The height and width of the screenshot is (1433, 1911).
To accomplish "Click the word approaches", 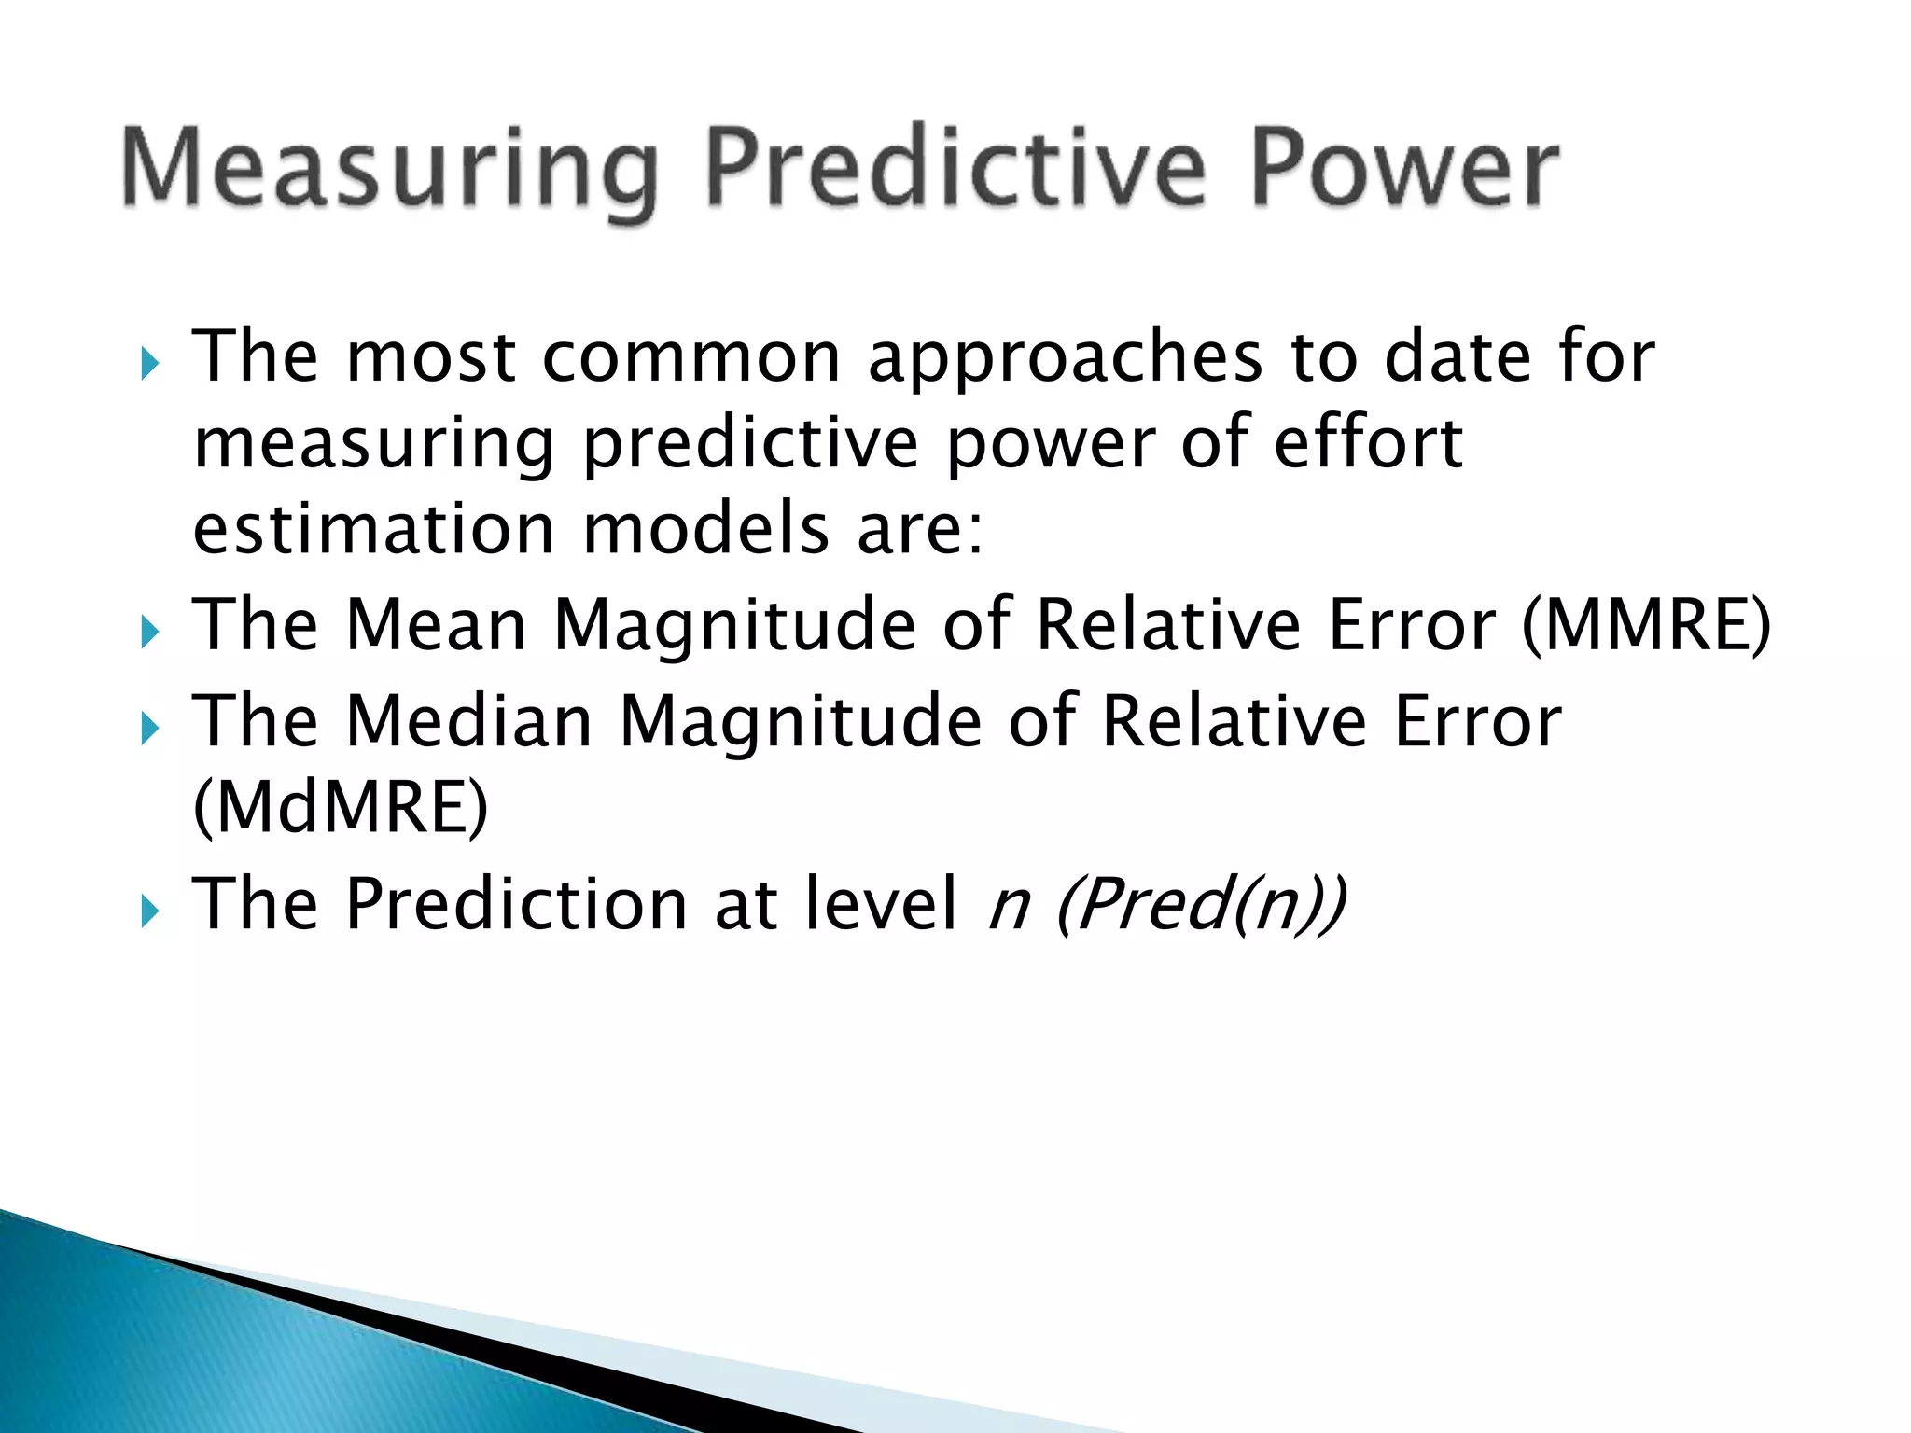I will (x=1065, y=359).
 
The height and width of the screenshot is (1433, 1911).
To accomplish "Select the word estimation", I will (x=374, y=529).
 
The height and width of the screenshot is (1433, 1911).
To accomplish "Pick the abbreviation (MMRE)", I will (x=1646, y=625).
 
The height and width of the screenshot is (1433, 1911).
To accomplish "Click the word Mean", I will (x=436, y=625).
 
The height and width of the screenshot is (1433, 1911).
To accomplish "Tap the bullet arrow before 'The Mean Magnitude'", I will (x=150, y=633).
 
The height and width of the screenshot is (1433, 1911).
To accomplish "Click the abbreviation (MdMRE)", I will (x=340, y=807).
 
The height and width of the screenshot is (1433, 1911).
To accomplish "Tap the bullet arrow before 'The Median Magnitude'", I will (x=150, y=729).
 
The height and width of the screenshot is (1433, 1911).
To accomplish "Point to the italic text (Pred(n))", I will (x=1201, y=904).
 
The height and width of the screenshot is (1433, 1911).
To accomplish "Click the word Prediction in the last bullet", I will (x=517, y=904).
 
